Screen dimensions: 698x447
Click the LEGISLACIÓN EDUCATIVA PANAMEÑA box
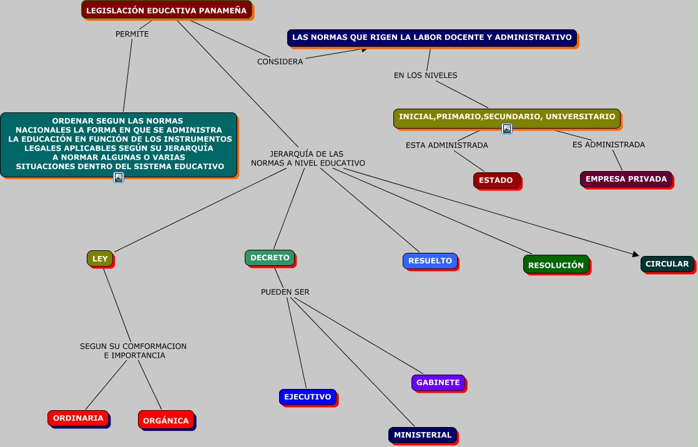(x=166, y=10)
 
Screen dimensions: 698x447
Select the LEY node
(x=100, y=258)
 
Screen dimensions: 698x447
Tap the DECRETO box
(x=270, y=257)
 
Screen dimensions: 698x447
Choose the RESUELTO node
(x=430, y=261)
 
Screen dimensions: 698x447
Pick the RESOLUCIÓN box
(x=556, y=265)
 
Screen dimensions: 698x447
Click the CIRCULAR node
(x=667, y=264)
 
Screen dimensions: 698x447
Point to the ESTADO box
(x=496, y=180)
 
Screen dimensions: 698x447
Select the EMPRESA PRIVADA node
(x=626, y=179)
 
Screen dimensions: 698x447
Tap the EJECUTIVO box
(x=307, y=397)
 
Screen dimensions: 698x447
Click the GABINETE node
(x=438, y=383)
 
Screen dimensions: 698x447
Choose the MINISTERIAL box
(x=423, y=435)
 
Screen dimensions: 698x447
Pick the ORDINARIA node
(x=78, y=418)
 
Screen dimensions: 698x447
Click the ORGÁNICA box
(x=165, y=420)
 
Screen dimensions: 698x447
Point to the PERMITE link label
(x=132, y=34)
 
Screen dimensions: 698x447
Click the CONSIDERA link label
(x=280, y=62)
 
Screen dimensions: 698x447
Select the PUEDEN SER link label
(x=285, y=292)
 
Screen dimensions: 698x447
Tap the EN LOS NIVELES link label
(x=426, y=76)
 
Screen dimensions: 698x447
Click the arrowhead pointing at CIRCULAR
(x=636, y=254)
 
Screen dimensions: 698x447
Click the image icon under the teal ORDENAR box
(x=119, y=177)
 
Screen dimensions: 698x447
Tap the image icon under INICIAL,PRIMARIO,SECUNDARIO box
(x=507, y=129)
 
